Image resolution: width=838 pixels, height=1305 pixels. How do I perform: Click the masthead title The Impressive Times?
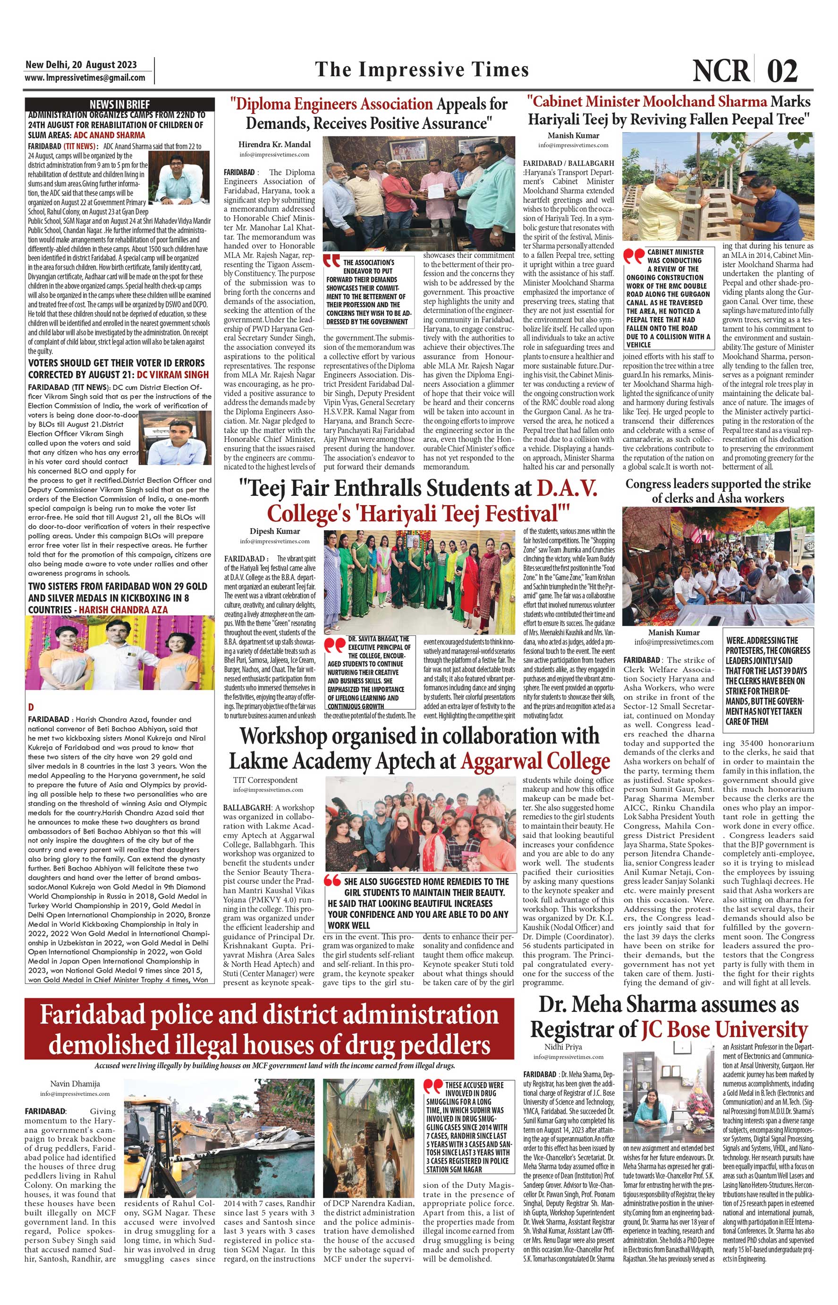(x=422, y=70)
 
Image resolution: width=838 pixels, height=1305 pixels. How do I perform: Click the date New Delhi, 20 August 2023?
(x=81, y=65)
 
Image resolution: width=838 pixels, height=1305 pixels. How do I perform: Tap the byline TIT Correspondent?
(x=265, y=780)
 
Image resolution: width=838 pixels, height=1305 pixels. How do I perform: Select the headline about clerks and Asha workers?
(x=718, y=491)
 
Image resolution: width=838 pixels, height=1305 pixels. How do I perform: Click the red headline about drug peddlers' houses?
(x=270, y=1030)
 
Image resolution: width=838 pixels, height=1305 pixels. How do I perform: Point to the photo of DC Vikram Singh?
(x=175, y=438)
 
